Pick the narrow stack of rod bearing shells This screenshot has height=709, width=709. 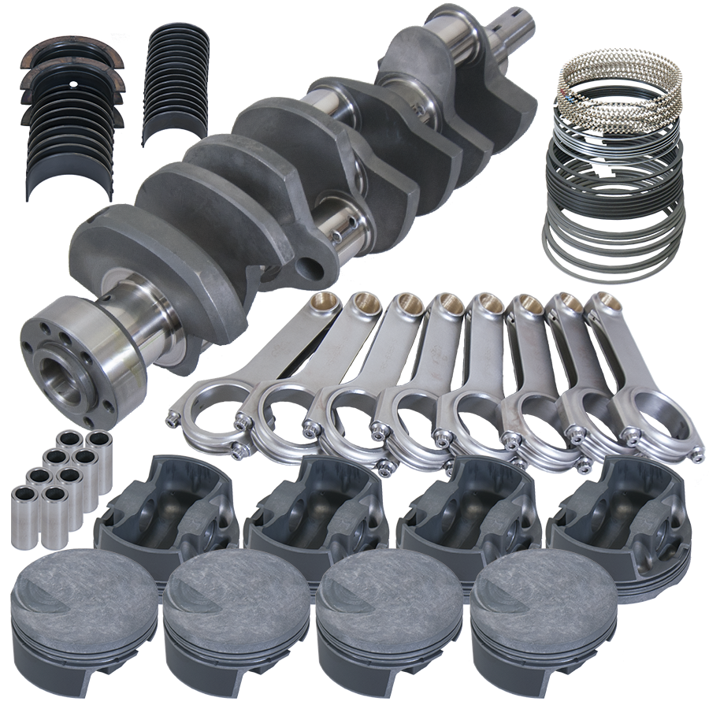177,79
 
